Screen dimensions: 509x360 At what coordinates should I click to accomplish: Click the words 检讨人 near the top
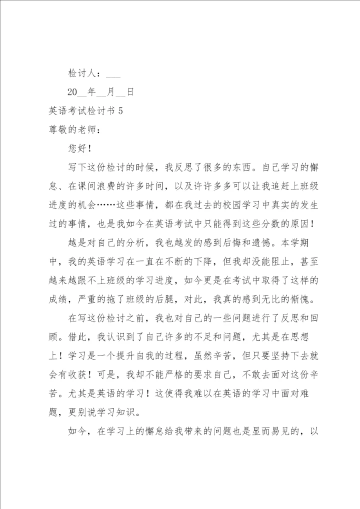click(83, 73)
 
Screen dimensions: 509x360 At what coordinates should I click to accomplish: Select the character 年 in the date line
click(91, 92)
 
